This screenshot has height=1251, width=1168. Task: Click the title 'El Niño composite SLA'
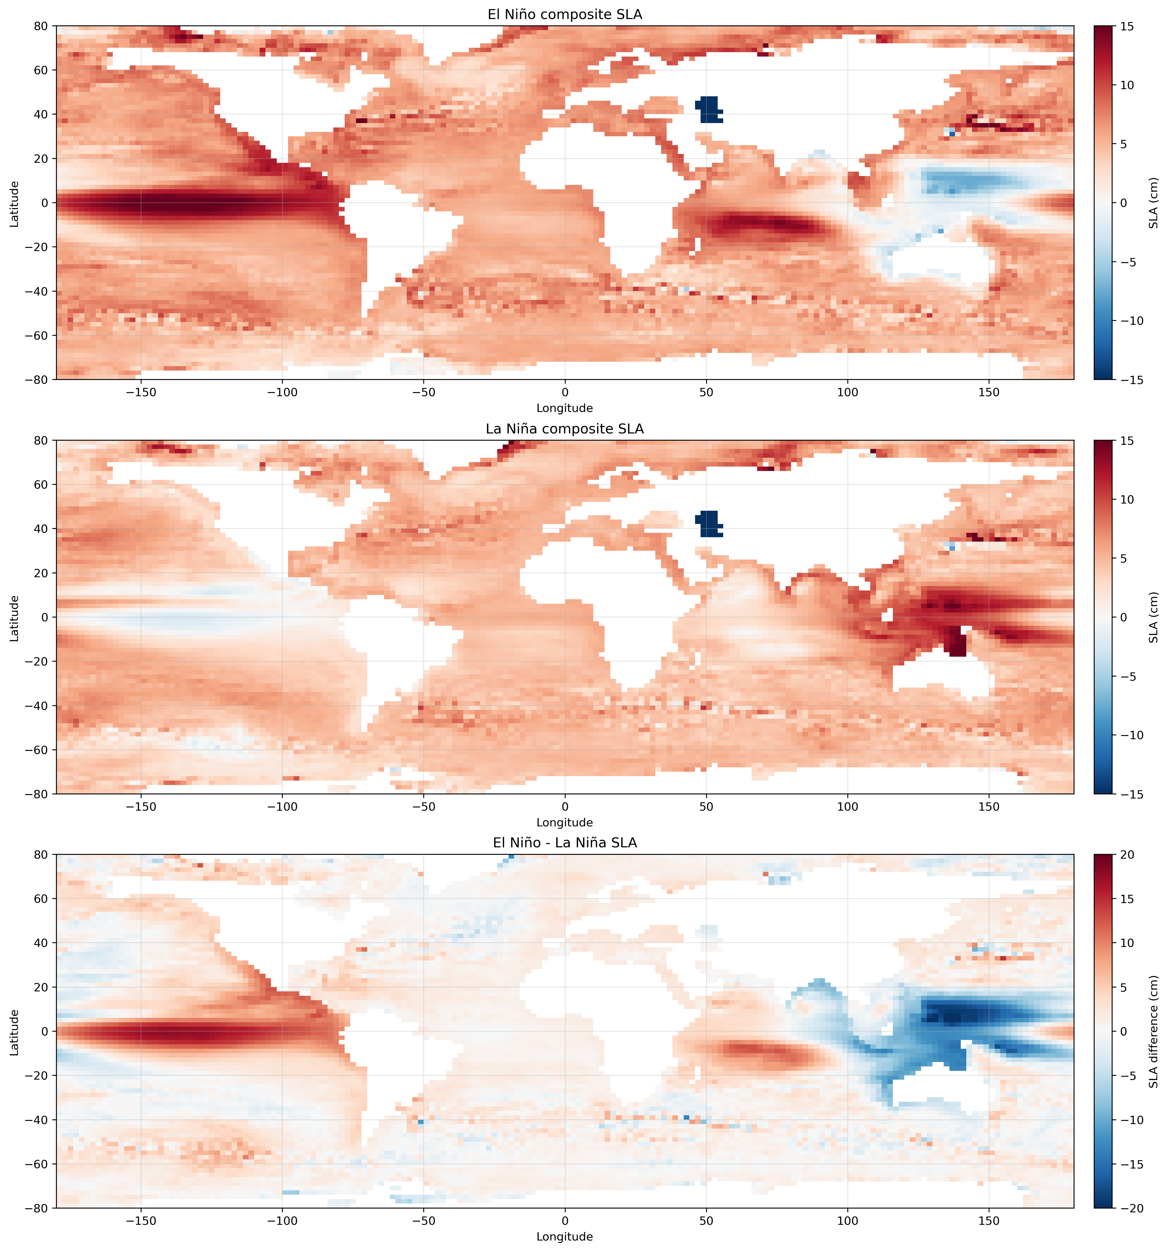565,14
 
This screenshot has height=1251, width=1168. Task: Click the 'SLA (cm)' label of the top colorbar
1153,203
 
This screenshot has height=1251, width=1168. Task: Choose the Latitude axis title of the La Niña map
14,617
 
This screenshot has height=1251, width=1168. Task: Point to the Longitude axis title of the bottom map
565,1237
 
